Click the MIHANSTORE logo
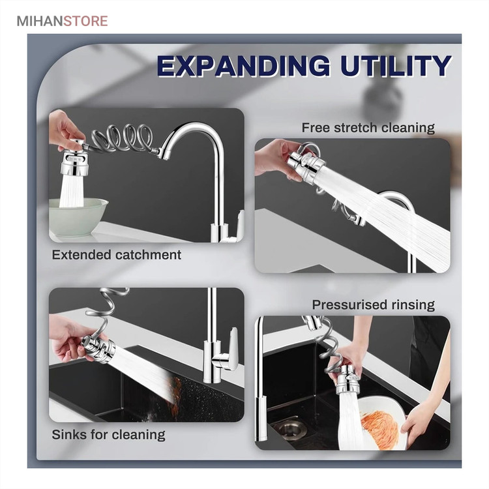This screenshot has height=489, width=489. click(62, 22)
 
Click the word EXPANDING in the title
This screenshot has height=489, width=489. click(243, 66)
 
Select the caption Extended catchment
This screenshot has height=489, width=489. click(116, 255)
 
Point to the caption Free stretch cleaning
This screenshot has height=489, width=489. click(368, 128)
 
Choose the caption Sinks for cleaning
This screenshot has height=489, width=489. click(108, 434)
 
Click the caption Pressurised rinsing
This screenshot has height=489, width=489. click(374, 304)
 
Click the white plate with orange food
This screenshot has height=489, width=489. click(382, 422)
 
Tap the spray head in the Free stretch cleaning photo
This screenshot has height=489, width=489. click(306, 164)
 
